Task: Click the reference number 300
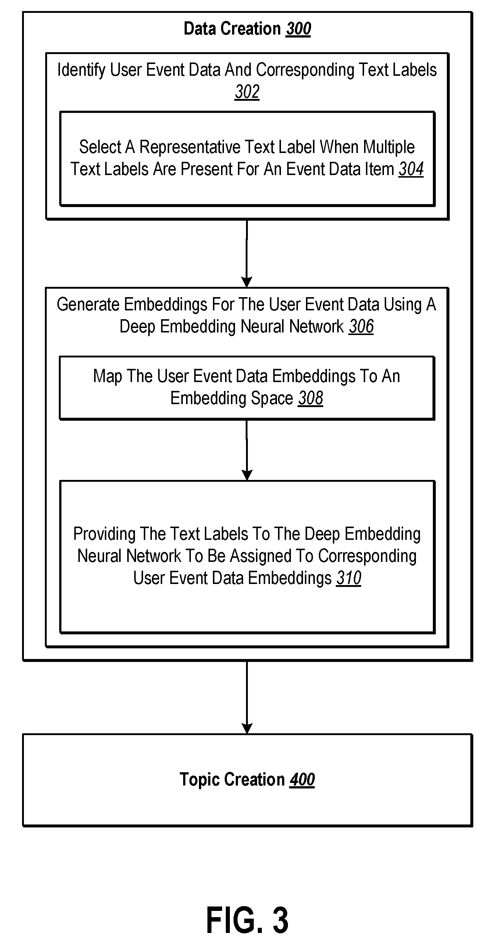pyautogui.click(x=299, y=29)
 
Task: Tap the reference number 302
pyautogui.click(x=247, y=92)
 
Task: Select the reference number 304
pyautogui.click(x=411, y=169)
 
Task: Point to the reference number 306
pyautogui.click(x=362, y=327)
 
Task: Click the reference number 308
pyautogui.click(x=311, y=398)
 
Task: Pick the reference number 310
pyautogui.click(x=349, y=578)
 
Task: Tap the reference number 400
pyautogui.click(x=302, y=780)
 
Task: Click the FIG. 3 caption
pyautogui.click(x=247, y=920)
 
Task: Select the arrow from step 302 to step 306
pyautogui.click(x=247, y=253)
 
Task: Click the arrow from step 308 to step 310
pyautogui.click(x=247, y=450)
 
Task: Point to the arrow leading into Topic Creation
pyautogui.click(x=247, y=697)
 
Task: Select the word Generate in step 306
pyautogui.click(x=88, y=304)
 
